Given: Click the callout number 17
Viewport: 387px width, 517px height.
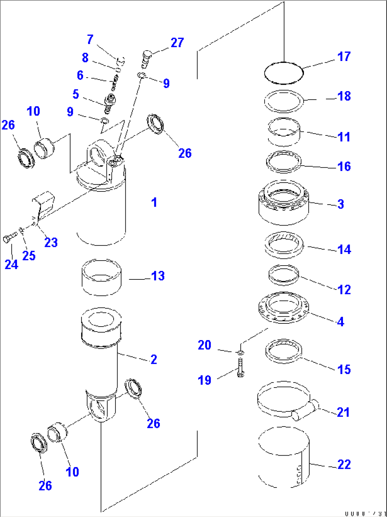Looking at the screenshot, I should [x=344, y=57].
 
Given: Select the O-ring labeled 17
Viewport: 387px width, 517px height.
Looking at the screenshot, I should [x=284, y=73].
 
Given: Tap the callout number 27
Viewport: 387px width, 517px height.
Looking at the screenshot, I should [x=177, y=43].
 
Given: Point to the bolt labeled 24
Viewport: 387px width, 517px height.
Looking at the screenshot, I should [x=10, y=238].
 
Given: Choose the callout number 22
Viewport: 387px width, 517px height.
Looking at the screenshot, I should [x=344, y=465].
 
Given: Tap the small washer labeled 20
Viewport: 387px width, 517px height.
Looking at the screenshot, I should [x=240, y=352].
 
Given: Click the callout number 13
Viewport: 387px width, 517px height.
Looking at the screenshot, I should [x=158, y=276].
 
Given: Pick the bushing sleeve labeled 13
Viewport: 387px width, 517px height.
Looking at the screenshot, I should [x=102, y=277].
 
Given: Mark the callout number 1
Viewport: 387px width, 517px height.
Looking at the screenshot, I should [x=154, y=202].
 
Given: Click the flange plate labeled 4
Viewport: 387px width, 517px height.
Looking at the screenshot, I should [x=283, y=307].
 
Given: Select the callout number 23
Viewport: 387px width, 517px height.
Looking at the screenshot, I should [x=51, y=243].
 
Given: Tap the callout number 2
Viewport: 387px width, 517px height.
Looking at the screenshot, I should [x=154, y=359].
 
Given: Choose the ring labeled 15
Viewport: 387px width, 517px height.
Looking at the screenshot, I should [x=284, y=351].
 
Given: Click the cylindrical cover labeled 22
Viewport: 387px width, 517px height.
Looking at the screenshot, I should [x=283, y=457].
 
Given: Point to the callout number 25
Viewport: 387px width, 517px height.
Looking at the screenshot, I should [x=29, y=256].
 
